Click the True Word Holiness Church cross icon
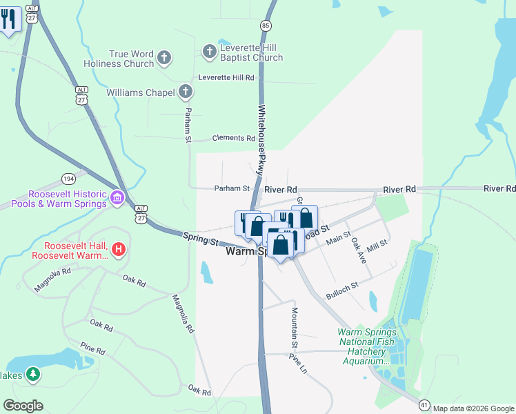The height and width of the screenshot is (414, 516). coord(164,58)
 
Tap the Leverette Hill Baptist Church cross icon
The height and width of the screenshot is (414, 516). coord(210,51)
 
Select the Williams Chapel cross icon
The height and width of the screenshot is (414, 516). coord(185,91)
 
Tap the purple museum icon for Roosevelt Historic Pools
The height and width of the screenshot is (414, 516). coord(117,200)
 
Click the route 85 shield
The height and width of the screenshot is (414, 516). coord(265,26)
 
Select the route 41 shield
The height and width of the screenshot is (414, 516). coord(424,404)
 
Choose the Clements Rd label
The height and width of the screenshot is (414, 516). coord(233,138)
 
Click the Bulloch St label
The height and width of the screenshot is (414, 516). coord(342,290)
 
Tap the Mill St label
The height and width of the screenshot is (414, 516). coord(377,245)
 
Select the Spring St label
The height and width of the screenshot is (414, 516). coord(201,239)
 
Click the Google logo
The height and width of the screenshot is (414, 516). coord(23,406)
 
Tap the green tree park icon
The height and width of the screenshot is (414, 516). coord(32,375)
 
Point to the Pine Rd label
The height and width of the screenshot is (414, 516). coord(92,351)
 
